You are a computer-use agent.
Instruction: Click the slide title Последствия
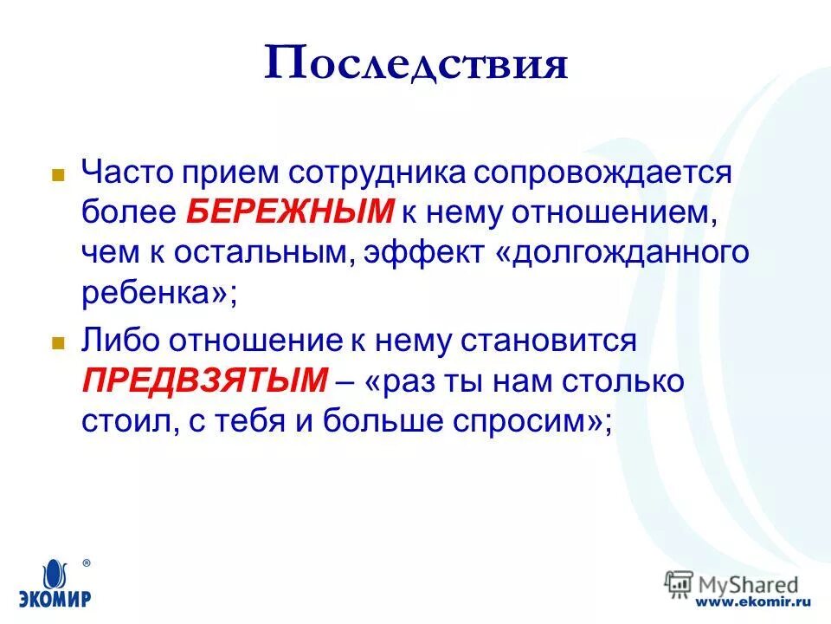[x=415, y=65]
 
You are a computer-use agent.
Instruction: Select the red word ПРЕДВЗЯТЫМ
[x=205, y=380]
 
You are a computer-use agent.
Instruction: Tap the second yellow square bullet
[x=59, y=342]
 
